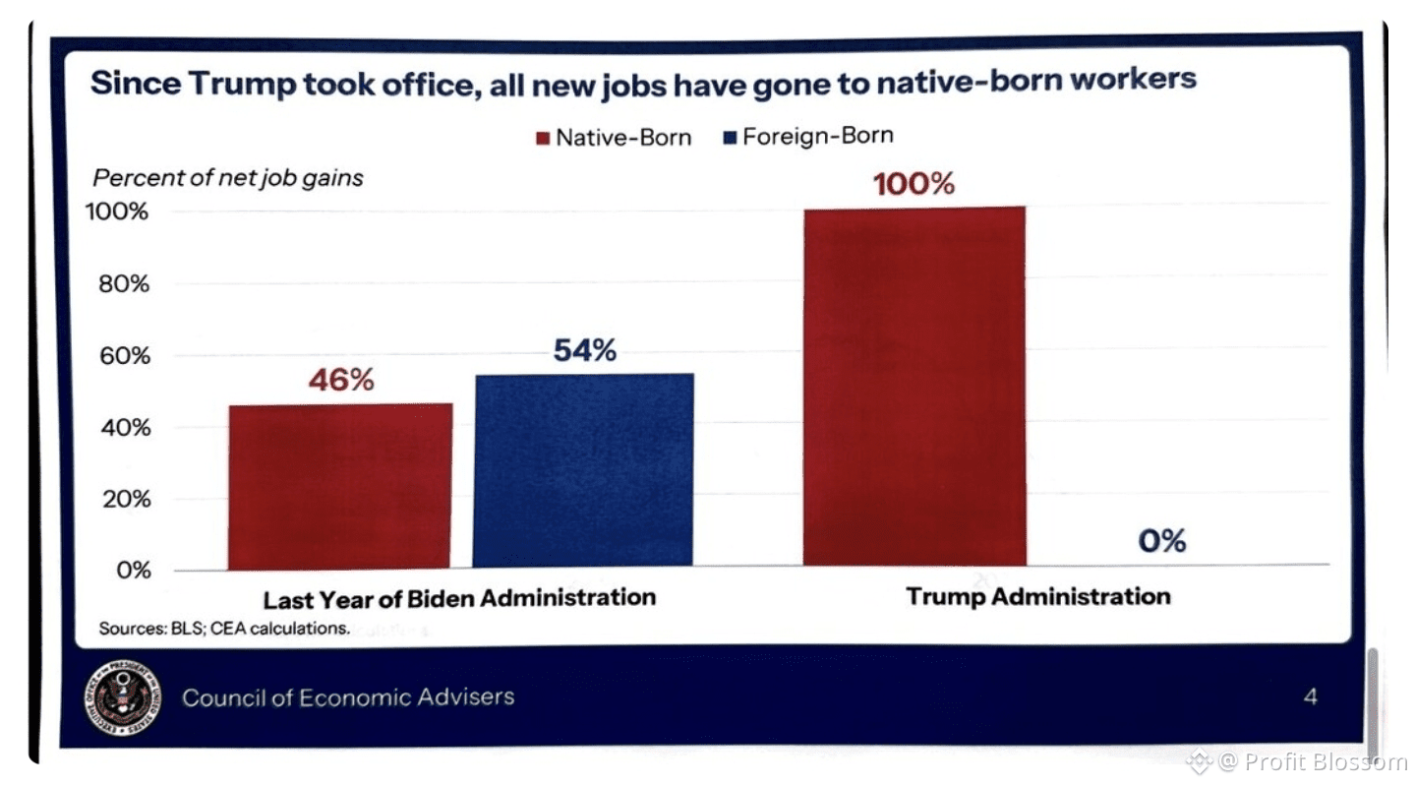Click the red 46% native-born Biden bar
[x=340, y=486]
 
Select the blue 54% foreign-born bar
[x=583, y=470]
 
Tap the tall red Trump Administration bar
[x=914, y=386]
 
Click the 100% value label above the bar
[x=914, y=184]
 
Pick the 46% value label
[x=340, y=381]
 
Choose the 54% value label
[x=584, y=350]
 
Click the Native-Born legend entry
[x=614, y=137]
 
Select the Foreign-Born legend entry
[x=807, y=136]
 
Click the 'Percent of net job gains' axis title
[x=228, y=178]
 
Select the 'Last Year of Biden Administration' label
[x=459, y=597]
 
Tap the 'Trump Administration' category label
[x=1037, y=596]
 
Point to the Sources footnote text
[x=224, y=628]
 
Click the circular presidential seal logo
[x=122, y=698]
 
